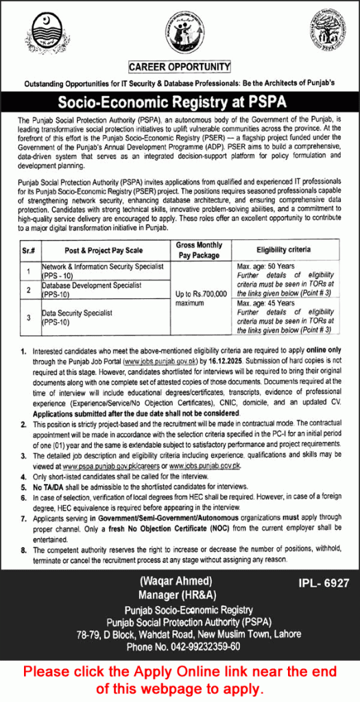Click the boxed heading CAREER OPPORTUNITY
click(180, 67)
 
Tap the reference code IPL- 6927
click(324, 583)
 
